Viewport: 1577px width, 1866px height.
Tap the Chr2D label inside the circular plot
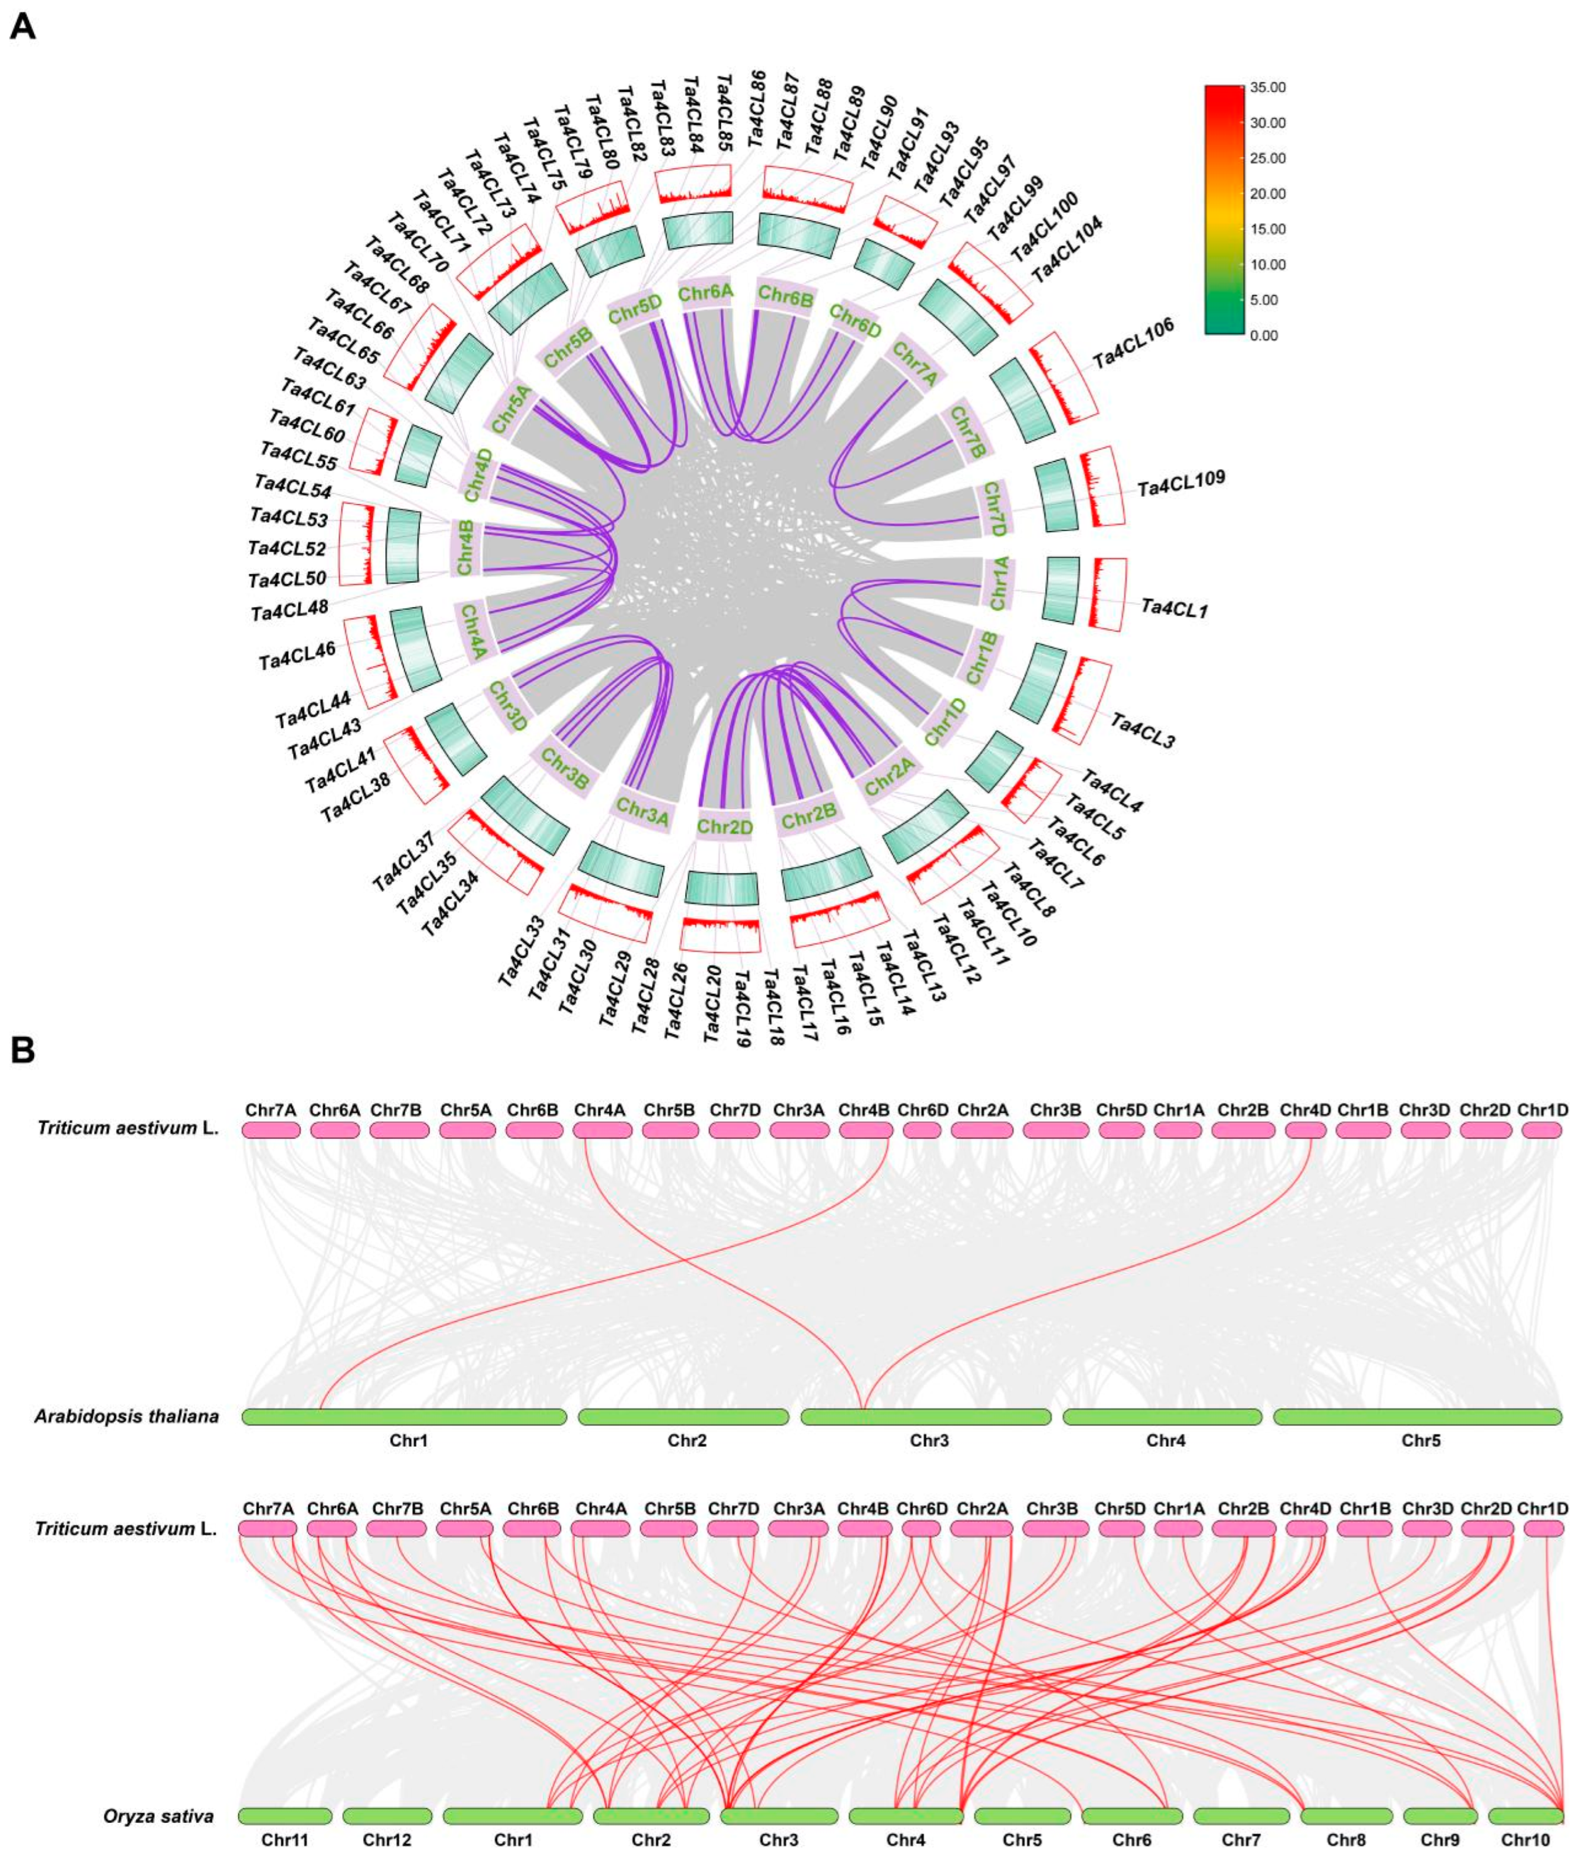click(x=725, y=827)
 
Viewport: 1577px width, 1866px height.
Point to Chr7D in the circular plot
click(x=993, y=509)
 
